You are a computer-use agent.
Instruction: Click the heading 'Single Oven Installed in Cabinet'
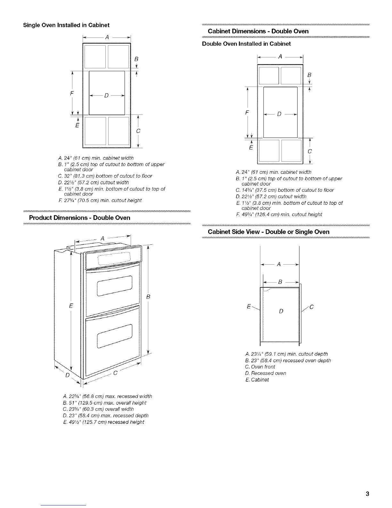click(x=66, y=25)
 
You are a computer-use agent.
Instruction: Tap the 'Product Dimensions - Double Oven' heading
click(x=80, y=218)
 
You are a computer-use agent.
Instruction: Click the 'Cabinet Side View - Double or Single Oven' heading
click(x=268, y=232)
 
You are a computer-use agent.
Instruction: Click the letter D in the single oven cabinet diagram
click(x=106, y=95)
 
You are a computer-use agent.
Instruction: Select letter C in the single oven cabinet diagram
click(x=138, y=131)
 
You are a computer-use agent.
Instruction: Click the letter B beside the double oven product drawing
click(x=148, y=297)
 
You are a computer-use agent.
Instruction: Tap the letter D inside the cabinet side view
click(x=281, y=311)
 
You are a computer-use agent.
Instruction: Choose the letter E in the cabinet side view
click(x=249, y=307)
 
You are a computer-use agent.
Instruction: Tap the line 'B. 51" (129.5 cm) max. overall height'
click(x=102, y=402)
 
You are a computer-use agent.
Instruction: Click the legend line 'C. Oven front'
click(x=260, y=367)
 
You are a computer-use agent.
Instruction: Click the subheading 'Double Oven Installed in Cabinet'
click(x=246, y=44)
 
